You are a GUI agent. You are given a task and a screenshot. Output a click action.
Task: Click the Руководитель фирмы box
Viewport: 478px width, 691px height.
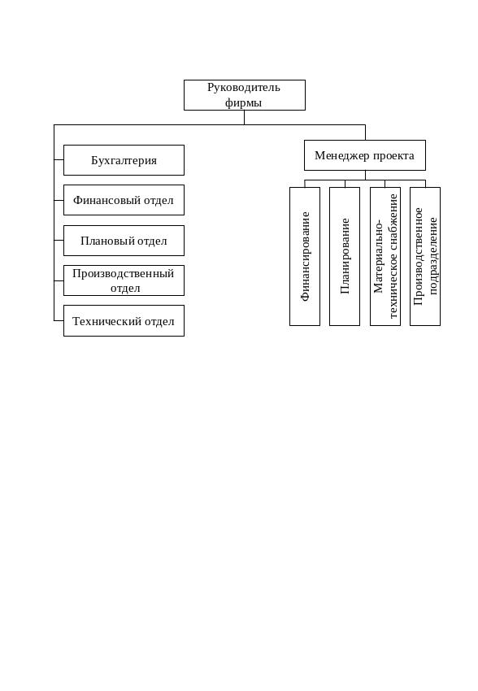click(x=245, y=95)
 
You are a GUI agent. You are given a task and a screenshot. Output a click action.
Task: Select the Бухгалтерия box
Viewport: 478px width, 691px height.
click(x=124, y=160)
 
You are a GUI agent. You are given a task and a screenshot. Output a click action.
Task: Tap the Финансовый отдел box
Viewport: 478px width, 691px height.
click(x=124, y=200)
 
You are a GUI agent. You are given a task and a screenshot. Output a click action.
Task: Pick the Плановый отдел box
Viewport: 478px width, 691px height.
click(x=124, y=241)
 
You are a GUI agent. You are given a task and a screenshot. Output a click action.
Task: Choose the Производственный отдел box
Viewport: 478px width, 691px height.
click(x=124, y=280)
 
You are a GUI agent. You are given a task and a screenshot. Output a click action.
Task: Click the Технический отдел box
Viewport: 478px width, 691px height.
click(x=124, y=321)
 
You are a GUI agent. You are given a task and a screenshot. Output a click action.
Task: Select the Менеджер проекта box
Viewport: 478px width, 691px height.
click(x=365, y=155)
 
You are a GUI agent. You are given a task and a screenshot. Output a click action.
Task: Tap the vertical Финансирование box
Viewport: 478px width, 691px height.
click(x=305, y=256)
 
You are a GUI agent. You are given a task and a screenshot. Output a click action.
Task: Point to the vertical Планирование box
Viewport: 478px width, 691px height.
click(x=345, y=256)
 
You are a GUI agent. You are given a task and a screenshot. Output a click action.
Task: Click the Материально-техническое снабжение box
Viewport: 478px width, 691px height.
click(x=385, y=256)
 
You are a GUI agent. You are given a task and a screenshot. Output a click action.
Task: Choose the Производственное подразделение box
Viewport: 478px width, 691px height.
click(x=425, y=256)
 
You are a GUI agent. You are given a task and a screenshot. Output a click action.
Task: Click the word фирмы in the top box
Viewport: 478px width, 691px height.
click(x=243, y=103)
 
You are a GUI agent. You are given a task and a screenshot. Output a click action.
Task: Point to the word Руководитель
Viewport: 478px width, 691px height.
click(x=244, y=88)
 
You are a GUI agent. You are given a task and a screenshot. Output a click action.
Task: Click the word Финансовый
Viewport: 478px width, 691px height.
click(x=102, y=201)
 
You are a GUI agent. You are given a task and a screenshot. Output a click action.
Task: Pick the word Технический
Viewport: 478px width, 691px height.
click(x=106, y=321)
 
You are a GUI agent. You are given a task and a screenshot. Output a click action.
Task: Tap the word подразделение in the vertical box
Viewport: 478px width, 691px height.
click(x=432, y=256)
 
